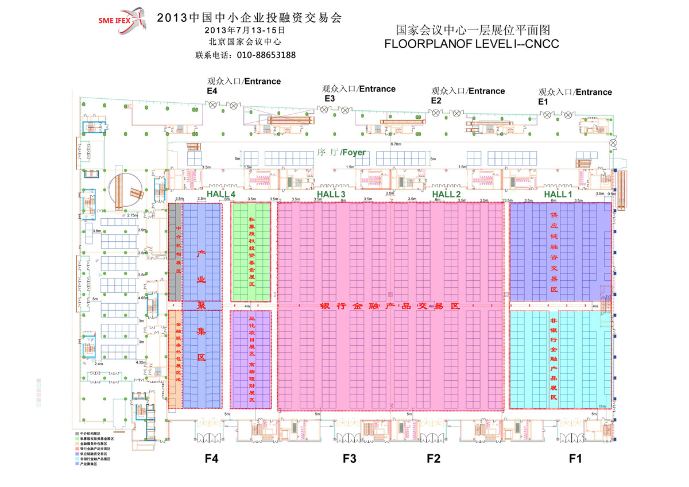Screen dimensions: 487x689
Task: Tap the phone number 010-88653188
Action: (x=268, y=56)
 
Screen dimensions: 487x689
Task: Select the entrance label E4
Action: (x=212, y=91)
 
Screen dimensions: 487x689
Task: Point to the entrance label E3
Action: (x=330, y=99)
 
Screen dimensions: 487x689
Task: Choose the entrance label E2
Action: (x=436, y=101)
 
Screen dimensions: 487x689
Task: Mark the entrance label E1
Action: (x=543, y=101)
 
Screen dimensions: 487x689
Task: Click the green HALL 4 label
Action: (x=221, y=195)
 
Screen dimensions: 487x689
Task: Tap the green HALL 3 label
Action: (x=331, y=195)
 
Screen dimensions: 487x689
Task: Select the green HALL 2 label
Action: (x=447, y=195)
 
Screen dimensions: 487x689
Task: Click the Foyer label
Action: (x=341, y=153)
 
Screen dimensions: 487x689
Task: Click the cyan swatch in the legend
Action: (x=78, y=459)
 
